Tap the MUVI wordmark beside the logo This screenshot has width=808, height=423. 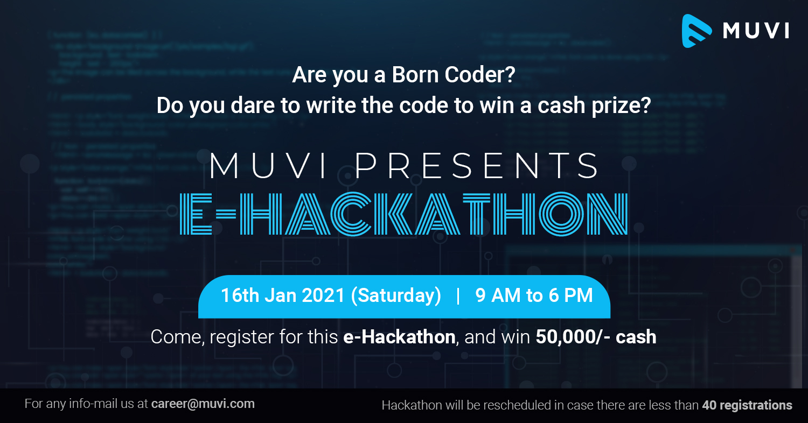click(756, 31)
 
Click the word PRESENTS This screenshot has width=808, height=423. click(477, 166)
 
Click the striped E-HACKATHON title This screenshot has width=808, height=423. click(403, 214)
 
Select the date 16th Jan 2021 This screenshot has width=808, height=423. click(282, 295)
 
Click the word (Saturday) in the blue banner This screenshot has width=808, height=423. click(396, 295)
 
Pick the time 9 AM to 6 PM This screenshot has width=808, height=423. click(534, 295)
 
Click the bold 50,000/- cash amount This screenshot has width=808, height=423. click(596, 337)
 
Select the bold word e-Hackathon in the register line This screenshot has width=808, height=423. click(399, 337)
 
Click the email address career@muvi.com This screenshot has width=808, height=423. click(203, 404)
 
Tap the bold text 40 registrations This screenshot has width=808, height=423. click(747, 405)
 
